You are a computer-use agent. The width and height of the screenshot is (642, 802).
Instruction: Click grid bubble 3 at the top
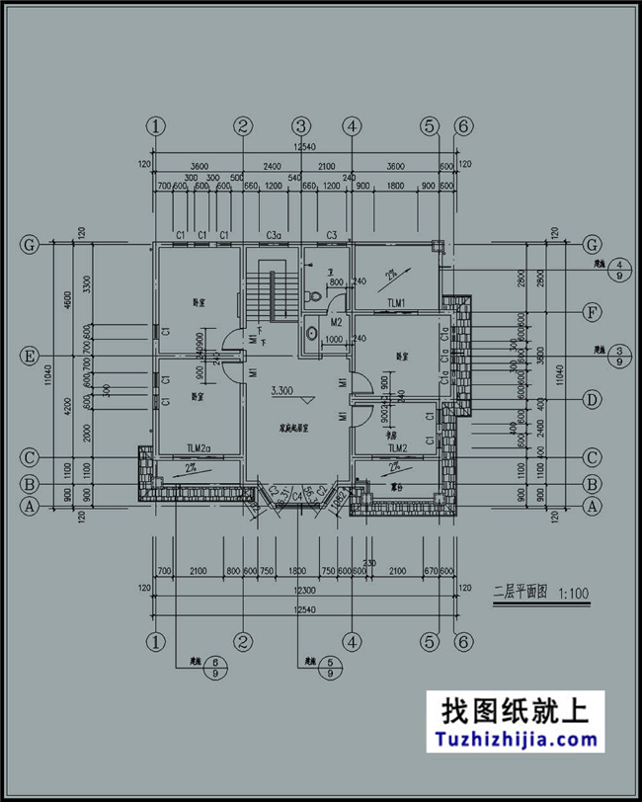click(300, 126)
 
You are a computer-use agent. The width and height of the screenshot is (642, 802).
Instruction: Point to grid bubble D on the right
click(593, 400)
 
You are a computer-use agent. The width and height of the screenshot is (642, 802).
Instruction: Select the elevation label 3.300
click(284, 390)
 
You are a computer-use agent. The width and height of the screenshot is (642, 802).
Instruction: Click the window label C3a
click(275, 235)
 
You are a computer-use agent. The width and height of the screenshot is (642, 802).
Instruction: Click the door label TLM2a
click(199, 448)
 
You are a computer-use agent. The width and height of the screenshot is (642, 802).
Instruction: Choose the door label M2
click(336, 322)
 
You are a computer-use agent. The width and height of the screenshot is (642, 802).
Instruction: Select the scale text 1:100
click(573, 594)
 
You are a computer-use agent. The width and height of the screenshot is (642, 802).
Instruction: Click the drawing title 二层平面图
click(521, 594)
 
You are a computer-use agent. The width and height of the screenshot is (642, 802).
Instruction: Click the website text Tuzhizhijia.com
click(512, 739)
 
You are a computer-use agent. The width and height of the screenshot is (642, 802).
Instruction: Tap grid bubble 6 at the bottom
click(460, 640)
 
